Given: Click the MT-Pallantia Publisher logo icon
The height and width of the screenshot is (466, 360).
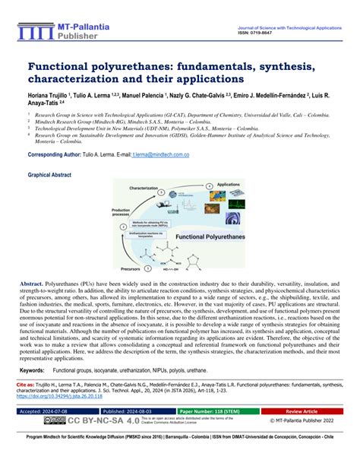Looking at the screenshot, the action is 33,32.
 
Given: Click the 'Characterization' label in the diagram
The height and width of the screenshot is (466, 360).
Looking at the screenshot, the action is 144,187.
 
